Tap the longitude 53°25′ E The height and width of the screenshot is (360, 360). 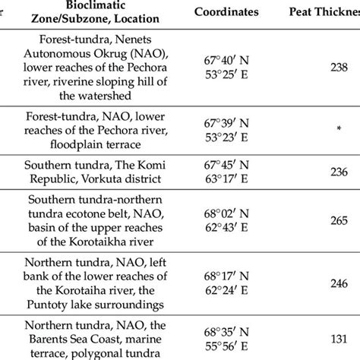click(x=226, y=74)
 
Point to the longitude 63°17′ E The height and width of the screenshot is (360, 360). click(x=226, y=179)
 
